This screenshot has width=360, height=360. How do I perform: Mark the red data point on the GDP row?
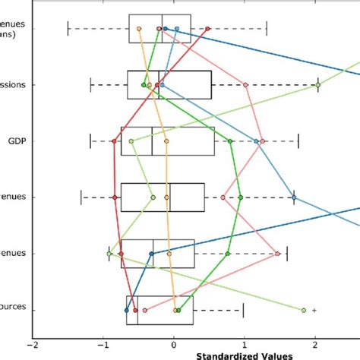pyautogui.click(x=115, y=141)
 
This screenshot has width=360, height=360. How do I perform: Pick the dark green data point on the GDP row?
pyautogui.click(x=230, y=141)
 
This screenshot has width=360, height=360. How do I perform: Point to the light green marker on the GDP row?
pyautogui.click(x=131, y=141)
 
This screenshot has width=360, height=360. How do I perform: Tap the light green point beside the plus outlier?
pyautogui.click(x=304, y=310)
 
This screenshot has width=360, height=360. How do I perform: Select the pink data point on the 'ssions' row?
pyautogui.click(x=246, y=85)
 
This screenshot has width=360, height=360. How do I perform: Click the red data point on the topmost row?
pyautogui.click(x=207, y=29)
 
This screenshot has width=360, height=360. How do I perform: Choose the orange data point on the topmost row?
pyautogui.click(x=140, y=29)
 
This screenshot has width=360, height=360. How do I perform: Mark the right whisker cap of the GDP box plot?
pyautogui.click(x=298, y=141)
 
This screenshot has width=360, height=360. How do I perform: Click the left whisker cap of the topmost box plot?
pyautogui.click(x=68, y=29)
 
